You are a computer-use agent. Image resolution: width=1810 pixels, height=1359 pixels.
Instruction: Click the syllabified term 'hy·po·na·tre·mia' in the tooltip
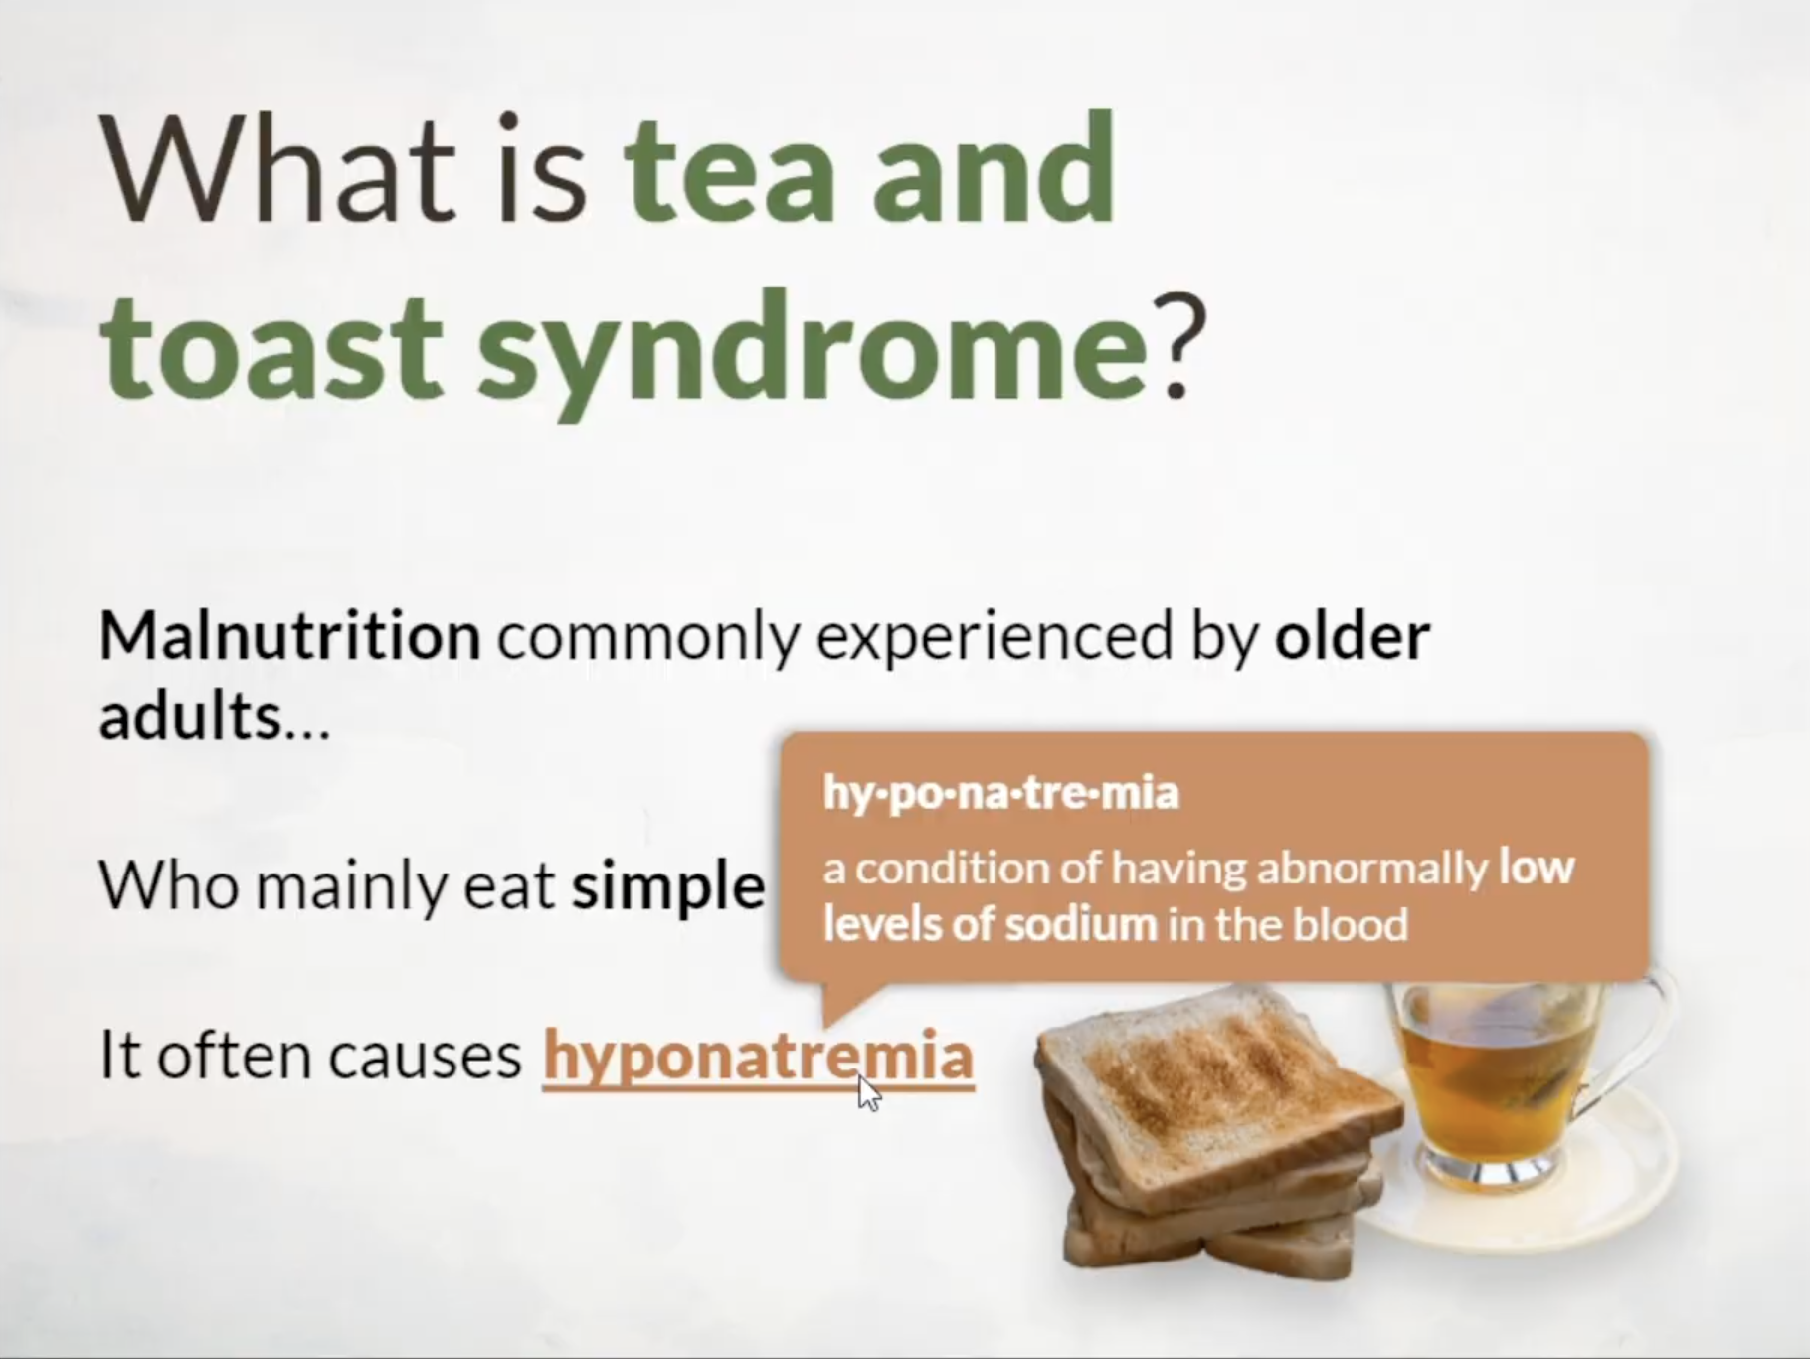[1000, 794]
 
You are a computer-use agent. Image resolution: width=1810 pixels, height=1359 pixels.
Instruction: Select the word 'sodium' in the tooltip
[1081, 924]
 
